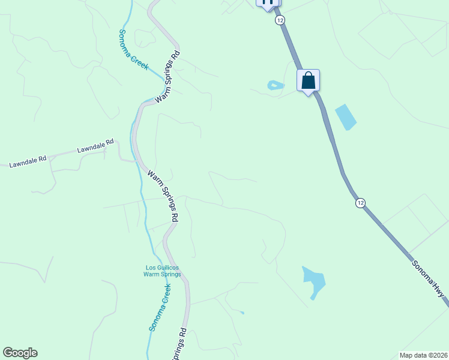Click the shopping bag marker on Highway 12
coord(308,80)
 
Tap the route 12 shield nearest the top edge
coord(280,20)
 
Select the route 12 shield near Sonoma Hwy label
coord(360,203)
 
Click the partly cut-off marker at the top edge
coord(268,2)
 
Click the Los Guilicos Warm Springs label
coord(162,271)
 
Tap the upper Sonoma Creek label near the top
coord(133,49)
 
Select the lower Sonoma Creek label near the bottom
coord(160,307)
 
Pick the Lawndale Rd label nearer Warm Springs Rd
coord(95,146)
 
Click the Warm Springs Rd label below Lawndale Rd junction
coord(164,196)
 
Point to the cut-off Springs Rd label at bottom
coord(180,346)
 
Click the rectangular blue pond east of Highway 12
coord(345,117)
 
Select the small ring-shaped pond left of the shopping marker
coord(275,85)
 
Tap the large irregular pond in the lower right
coord(313,280)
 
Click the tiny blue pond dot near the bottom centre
coord(242,312)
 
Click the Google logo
coord(20,353)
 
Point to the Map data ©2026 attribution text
coord(423,355)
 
